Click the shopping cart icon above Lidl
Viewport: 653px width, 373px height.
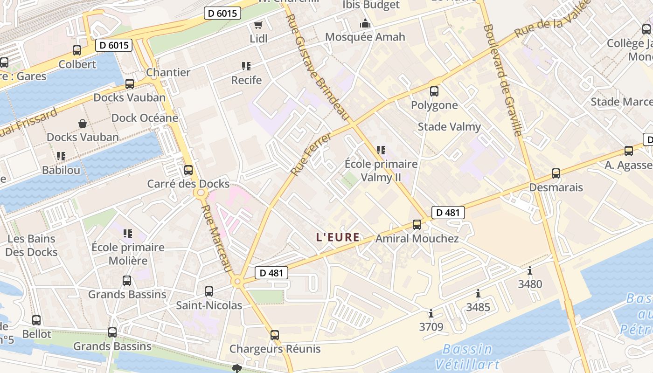(x=258, y=25)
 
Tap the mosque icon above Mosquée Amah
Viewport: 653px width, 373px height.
(x=365, y=23)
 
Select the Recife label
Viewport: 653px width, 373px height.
(x=246, y=80)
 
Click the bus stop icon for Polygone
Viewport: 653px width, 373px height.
(x=434, y=91)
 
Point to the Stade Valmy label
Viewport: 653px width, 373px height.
(x=449, y=127)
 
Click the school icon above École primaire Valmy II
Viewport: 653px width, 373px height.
(x=381, y=150)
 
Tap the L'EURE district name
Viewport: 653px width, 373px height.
(x=338, y=237)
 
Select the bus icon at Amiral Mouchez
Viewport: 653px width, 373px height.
(x=417, y=225)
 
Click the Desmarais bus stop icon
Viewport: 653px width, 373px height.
(x=556, y=173)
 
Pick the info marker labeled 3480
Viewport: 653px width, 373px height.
(x=530, y=271)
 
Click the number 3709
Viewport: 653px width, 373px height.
(x=431, y=327)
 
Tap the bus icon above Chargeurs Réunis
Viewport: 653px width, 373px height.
(x=275, y=335)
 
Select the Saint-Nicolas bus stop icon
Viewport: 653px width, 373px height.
(x=209, y=291)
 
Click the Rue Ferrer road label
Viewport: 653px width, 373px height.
(x=311, y=154)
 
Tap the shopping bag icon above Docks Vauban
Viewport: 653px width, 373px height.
(x=83, y=124)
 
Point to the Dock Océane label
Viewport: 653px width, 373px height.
(x=145, y=118)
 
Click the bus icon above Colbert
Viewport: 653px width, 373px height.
(x=77, y=50)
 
